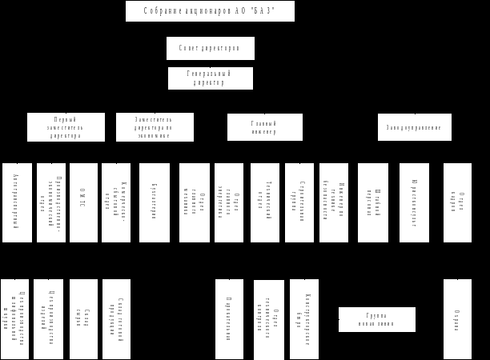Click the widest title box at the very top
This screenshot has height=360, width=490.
click(x=210, y=11)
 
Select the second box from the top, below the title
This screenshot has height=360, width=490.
click(x=210, y=48)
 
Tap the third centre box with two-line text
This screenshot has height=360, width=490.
click(x=210, y=78)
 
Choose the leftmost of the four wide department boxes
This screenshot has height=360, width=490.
click(x=66, y=127)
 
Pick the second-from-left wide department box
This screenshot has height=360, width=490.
click(x=155, y=127)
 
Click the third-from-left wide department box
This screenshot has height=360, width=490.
click(x=264, y=127)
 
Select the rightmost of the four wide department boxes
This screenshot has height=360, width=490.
click(x=414, y=127)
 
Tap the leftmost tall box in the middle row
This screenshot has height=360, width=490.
click(x=17, y=202)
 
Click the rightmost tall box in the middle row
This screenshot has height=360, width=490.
click(x=457, y=202)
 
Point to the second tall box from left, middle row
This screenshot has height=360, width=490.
click(x=51, y=202)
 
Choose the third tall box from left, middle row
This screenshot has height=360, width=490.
click(x=83, y=202)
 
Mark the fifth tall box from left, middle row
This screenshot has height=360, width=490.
click(x=154, y=202)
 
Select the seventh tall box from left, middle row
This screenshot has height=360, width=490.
click(x=228, y=202)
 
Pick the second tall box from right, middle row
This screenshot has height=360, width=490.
click(x=414, y=202)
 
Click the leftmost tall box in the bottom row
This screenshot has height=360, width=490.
click(x=14, y=318)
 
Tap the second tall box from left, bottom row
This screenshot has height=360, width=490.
click(x=48, y=318)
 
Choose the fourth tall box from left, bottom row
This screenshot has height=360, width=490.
click(x=116, y=318)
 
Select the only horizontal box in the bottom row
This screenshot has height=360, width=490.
click(x=376, y=319)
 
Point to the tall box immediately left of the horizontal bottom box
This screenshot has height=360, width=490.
click(x=303, y=318)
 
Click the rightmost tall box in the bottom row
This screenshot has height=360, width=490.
click(x=457, y=318)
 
